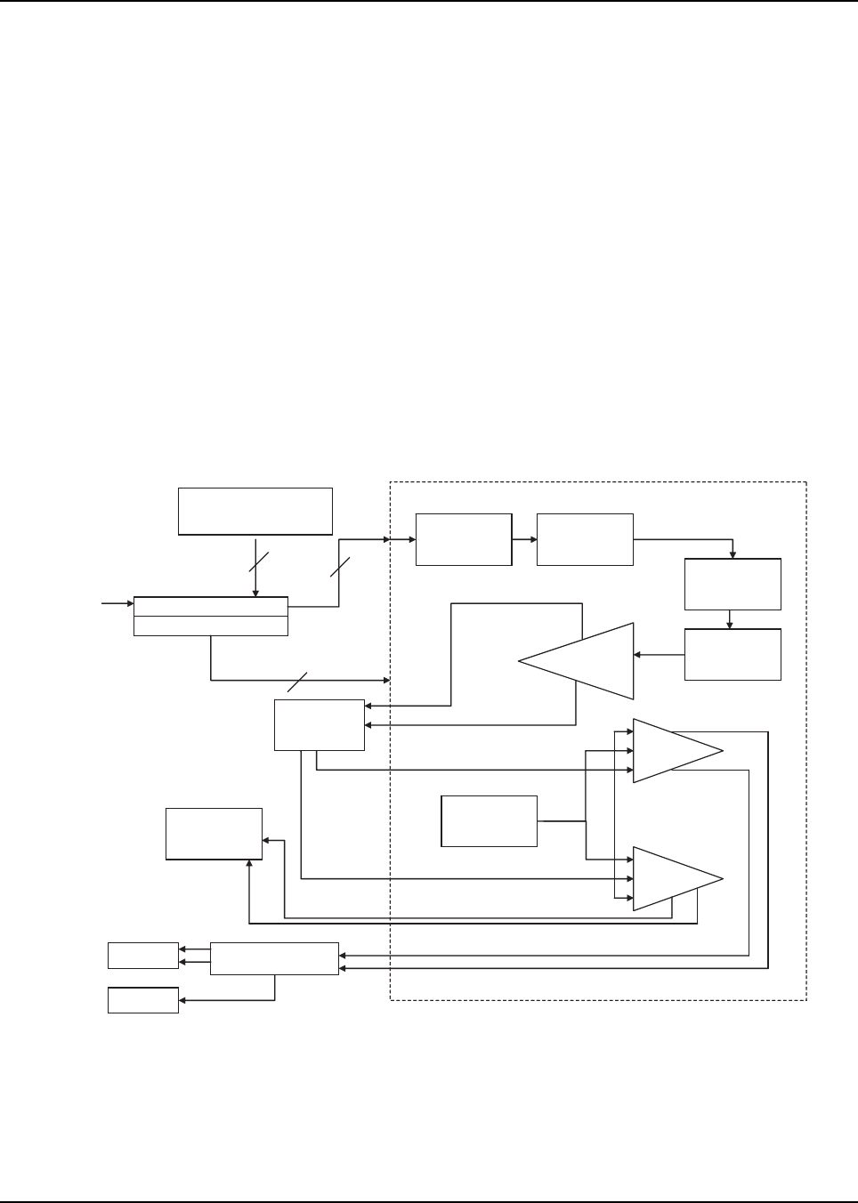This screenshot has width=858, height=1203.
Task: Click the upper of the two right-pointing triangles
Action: point(672,750)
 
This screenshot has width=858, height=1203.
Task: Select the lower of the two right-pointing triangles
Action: point(672,878)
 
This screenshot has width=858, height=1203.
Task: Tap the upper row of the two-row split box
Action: point(210,606)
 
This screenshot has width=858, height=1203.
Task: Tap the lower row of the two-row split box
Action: point(210,626)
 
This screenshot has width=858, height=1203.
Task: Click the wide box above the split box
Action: point(255,510)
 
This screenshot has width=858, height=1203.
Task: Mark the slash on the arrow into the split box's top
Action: point(258,562)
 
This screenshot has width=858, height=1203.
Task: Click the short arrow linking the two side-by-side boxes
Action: point(524,539)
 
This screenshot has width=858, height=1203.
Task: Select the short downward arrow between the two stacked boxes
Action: point(730,618)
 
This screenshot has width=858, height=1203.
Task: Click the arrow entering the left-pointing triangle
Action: point(659,656)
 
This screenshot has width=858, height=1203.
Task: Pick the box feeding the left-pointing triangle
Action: point(733,654)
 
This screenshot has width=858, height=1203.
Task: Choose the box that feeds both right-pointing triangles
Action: point(490,820)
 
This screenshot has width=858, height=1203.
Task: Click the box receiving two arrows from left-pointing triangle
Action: point(320,724)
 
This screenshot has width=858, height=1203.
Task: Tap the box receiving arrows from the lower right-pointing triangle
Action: point(214,834)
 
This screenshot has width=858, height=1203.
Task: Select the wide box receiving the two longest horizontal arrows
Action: point(274,957)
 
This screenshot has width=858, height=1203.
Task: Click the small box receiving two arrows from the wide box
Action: point(142,955)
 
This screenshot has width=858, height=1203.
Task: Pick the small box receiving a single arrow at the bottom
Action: point(142,1000)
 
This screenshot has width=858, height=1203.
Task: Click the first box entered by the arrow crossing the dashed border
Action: point(464,539)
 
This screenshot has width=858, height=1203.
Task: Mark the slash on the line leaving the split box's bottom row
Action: point(297,681)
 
